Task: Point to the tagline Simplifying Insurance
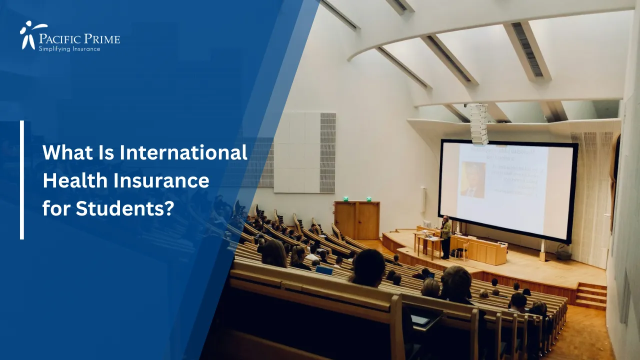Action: (69, 48)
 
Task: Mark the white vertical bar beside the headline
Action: (22, 180)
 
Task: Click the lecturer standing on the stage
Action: (445, 236)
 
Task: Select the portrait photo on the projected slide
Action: (472, 179)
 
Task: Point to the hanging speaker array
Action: (478, 124)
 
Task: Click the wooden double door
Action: (357, 220)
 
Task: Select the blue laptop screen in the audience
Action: (324, 270)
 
